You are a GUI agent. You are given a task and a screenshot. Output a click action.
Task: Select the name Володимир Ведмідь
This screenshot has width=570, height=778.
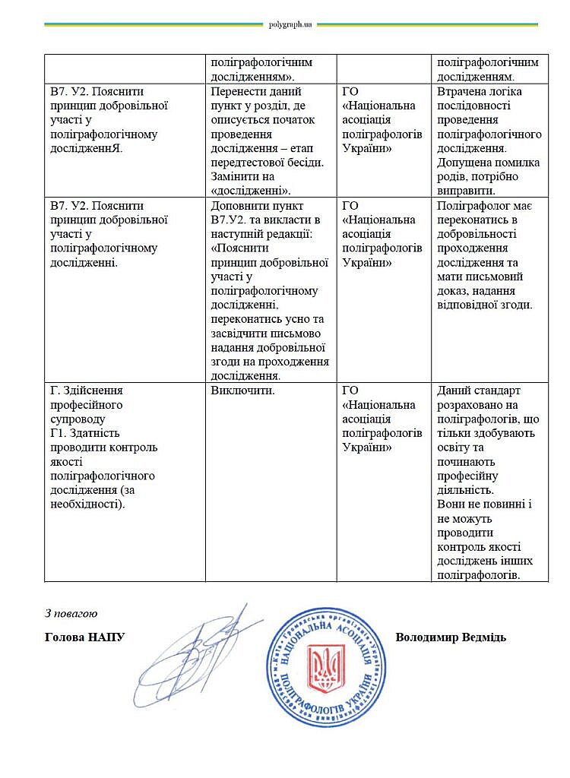point(451,637)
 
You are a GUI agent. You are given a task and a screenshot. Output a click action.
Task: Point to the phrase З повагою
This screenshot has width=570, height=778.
point(71,612)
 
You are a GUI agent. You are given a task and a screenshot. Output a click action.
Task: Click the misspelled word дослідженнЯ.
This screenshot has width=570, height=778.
point(86,148)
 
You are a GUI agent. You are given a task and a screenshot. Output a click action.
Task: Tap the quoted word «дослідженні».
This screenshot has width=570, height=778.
point(249,190)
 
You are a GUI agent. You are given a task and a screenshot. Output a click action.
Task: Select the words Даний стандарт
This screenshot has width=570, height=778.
point(479,391)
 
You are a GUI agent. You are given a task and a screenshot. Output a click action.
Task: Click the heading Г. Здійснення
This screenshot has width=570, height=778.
point(86,391)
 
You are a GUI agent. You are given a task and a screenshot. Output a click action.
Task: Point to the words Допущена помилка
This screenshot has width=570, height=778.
point(489,163)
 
